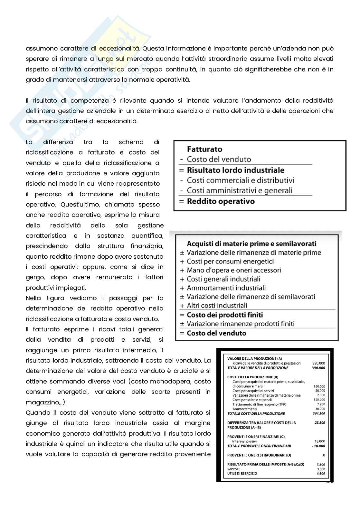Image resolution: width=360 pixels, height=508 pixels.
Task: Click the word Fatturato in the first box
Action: pos(204,149)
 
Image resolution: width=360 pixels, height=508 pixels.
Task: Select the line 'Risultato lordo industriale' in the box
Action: pos(235,170)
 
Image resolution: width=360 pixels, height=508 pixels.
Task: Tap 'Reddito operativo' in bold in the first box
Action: pos(221,201)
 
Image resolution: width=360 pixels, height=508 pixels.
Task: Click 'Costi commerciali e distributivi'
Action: pos(241,180)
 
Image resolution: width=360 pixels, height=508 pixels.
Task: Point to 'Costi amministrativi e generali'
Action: pos(240,191)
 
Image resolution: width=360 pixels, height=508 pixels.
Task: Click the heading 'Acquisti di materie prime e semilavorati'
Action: pos(251,244)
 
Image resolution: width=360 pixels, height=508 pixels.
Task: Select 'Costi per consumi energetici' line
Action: pos(230,262)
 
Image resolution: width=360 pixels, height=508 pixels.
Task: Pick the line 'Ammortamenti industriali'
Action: pos(226,288)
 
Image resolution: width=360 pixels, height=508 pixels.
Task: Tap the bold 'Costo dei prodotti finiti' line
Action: pos(225,315)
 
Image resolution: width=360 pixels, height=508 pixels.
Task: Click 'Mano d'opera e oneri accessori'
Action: pos(234,270)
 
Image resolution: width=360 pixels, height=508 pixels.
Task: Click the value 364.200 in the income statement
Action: pos(318,414)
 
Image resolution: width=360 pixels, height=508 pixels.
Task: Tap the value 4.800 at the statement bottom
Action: pos(320,474)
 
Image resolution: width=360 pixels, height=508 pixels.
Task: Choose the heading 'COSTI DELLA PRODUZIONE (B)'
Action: pos(253,377)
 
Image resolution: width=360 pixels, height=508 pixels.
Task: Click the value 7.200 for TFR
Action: pos(321,404)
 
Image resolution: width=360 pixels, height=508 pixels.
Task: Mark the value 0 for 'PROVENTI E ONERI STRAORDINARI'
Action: pos(324,455)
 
